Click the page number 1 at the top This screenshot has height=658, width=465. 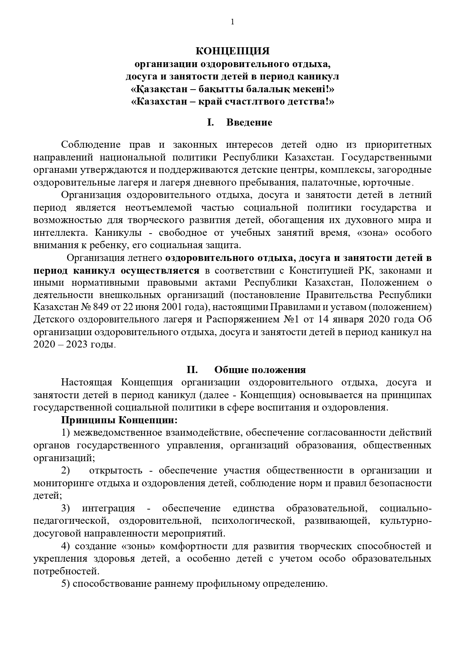click(x=232, y=22)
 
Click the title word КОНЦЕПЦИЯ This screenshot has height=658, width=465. click(x=232, y=51)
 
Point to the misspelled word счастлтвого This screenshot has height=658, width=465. click(x=263, y=102)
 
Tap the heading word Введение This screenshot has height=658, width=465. click(x=249, y=123)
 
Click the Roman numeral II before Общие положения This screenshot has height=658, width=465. click(x=192, y=370)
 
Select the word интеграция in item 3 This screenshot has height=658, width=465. click(x=108, y=508)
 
